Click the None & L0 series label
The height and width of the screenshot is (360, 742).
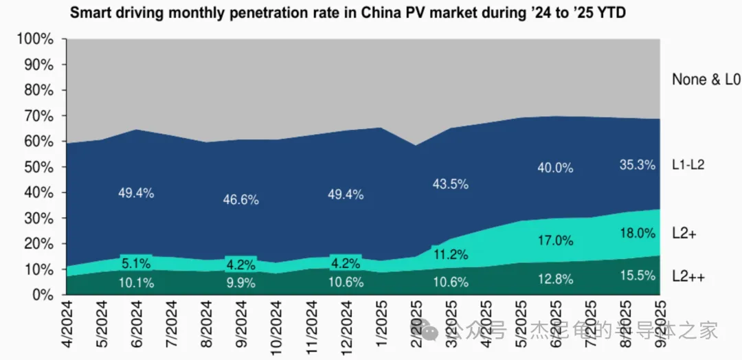pos(706,80)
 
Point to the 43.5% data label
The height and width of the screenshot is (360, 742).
pos(451,184)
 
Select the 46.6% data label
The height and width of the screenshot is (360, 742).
pos(240,200)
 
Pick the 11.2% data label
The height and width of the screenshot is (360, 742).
pos(451,255)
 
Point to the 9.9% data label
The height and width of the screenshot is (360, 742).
pos(240,282)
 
